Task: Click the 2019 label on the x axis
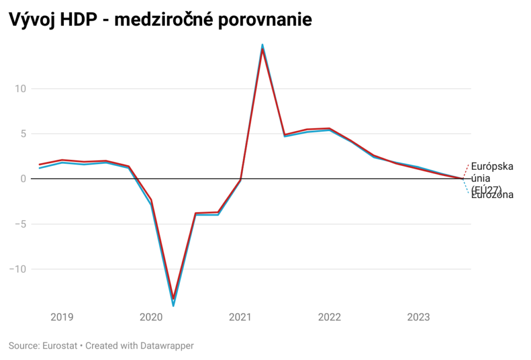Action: pyautogui.click(x=62, y=317)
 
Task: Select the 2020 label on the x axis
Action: pyautogui.click(x=151, y=317)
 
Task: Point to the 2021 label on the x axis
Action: pyautogui.click(x=240, y=317)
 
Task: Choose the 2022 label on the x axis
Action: pyautogui.click(x=329, y=317)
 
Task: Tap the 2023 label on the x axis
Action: pyautogui.click(x=418, y=317)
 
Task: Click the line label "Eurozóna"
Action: pyautogui.click(x=492, y=196)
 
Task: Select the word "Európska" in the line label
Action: pyautogui.click(x=492, y=166)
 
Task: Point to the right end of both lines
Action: pyautogui.click(x=463, y=178)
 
